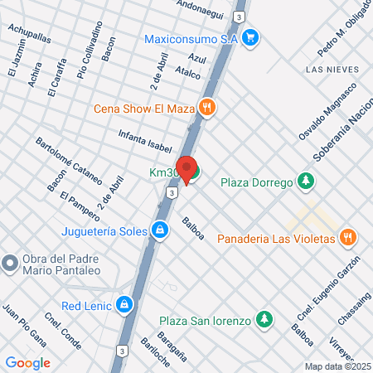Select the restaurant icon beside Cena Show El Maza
click(207, 107)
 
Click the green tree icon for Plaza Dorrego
click(307, 181)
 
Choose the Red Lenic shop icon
click(124, 303)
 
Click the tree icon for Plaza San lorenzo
click(264, 319)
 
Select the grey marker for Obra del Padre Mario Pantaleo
click(10, 264)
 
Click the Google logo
click(28, 362)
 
